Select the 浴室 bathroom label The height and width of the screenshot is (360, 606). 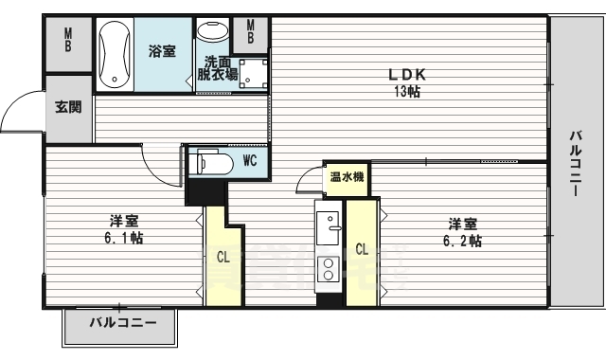162,53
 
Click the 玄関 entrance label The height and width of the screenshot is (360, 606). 67,107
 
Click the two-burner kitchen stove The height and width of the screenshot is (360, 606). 329,269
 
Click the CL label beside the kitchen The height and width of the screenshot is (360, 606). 362,250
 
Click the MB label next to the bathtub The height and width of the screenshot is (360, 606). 68,40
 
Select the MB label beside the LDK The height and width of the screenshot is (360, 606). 250,32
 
